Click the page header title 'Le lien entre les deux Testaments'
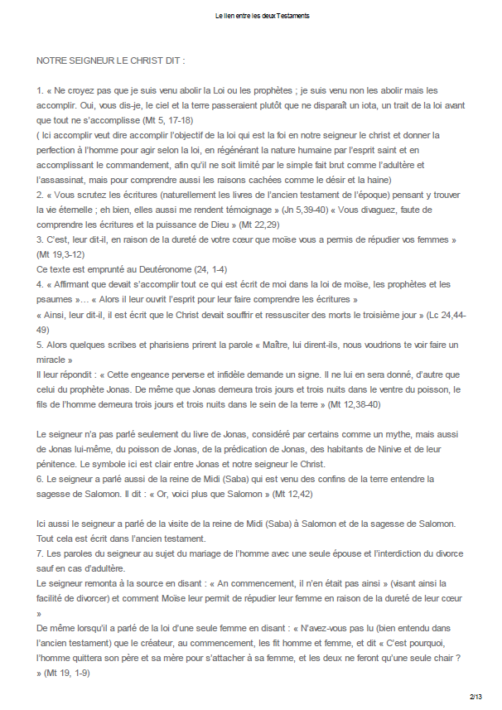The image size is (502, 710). point(250,16)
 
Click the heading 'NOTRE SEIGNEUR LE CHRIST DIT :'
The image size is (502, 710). point(110,62)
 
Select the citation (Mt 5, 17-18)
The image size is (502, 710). point(190,120)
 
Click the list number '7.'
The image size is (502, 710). point(41,553)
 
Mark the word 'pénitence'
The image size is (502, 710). point(60,464)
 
